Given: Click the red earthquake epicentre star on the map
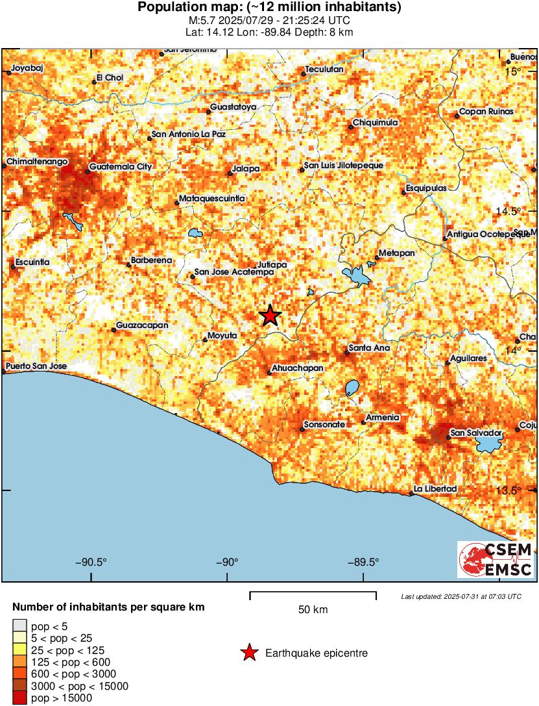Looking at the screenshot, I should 270,316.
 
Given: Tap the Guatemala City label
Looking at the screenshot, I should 121,167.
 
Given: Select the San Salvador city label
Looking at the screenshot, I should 477,432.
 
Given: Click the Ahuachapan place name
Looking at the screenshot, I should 298,368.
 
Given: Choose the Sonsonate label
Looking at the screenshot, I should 325,424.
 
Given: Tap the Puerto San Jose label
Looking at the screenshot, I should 37,366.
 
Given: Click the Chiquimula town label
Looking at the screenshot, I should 376,123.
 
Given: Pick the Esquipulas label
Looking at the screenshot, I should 426,188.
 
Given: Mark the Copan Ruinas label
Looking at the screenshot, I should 486,112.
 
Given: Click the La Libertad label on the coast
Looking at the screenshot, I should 436,488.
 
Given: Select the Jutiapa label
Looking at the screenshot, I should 272,265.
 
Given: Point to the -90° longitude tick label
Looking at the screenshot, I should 228,562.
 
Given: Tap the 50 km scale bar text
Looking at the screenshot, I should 313,610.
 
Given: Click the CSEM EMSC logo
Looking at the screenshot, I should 496,559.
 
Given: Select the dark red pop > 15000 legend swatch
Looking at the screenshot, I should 19,698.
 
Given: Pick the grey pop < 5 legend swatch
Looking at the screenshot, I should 19,626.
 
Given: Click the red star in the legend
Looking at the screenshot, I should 248,653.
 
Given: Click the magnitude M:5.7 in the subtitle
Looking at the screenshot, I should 198,20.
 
